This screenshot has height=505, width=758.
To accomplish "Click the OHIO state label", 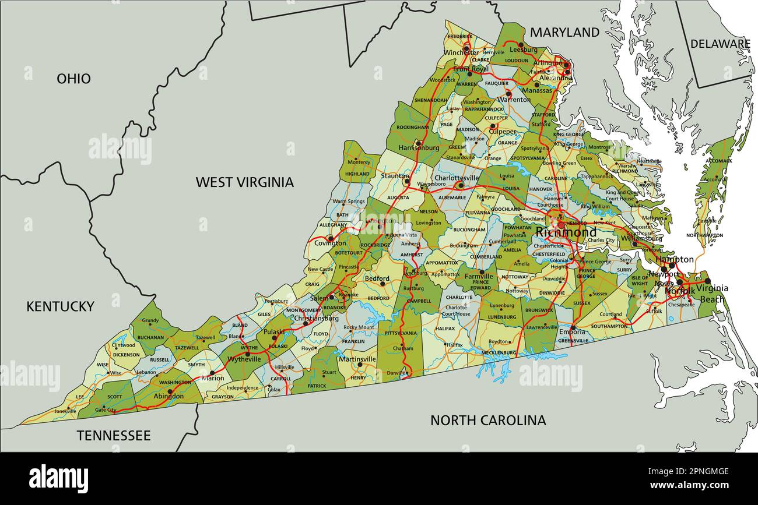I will point(73,79).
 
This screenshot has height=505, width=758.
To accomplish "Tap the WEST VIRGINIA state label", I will point(244,182).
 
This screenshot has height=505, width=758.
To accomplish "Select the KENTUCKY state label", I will point(60,306).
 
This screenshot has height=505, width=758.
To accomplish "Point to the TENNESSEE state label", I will point(114,436).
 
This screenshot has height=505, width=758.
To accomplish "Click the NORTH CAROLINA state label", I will point(488,420).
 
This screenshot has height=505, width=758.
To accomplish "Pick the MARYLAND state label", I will point(564,33).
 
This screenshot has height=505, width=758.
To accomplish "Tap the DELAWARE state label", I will point(720,44).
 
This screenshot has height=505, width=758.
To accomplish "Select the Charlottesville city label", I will point(457,178).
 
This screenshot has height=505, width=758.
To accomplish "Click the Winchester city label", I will point(461,52).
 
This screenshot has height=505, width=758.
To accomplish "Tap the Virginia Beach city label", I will point(711,294).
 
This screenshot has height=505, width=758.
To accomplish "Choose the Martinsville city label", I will point(357,359).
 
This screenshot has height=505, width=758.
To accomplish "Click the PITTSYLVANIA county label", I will point(401,333).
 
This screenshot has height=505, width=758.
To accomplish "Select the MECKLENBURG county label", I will point(499,352).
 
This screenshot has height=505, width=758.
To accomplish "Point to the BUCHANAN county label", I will point(150,337).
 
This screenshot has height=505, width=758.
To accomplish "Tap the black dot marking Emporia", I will point(573,327).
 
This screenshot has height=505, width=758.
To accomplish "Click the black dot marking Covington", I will point(330,238).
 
